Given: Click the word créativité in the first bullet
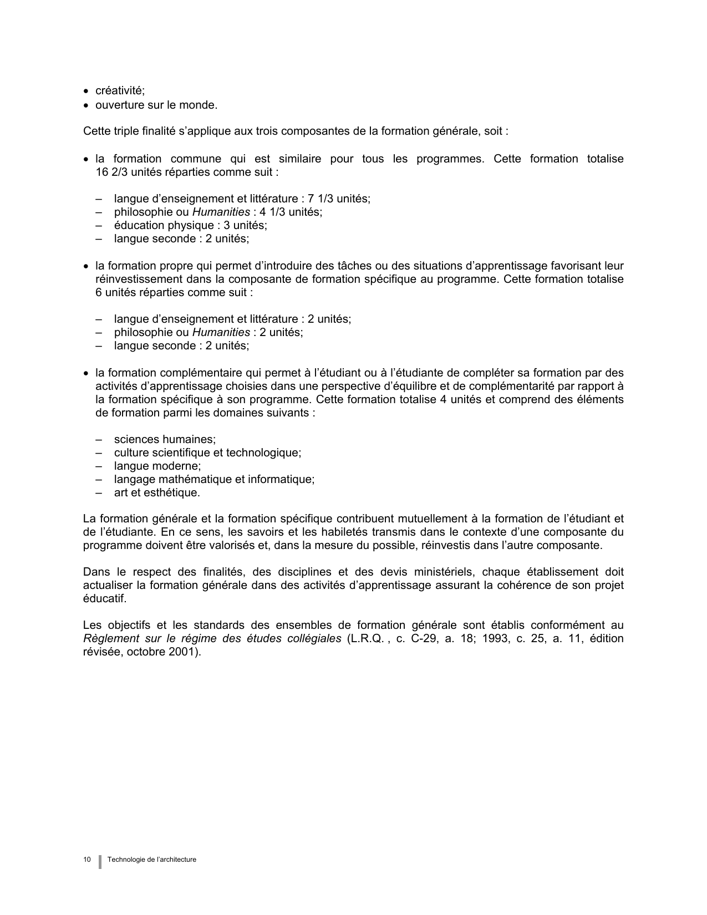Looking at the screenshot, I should tap(119, 91).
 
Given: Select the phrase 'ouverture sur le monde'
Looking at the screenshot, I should tap(156, 105).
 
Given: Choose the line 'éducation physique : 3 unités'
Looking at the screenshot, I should tap(190, 225).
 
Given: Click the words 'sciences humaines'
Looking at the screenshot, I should tap(164, 439).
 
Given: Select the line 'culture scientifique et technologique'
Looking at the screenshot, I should tap(207, 453).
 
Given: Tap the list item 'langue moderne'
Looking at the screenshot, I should tap(157, 466).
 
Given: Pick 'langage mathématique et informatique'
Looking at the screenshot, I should tap(213, 479).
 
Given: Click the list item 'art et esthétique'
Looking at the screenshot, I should tap(156, 492).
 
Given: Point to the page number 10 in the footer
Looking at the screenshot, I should tap(87, 860).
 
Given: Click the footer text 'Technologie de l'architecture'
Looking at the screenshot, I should tap(152, 860).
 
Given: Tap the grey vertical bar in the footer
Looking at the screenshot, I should tap(100, 861).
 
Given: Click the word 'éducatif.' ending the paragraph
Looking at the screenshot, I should tap(105, 598).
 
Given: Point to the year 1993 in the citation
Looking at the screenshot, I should tap(495, 638).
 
